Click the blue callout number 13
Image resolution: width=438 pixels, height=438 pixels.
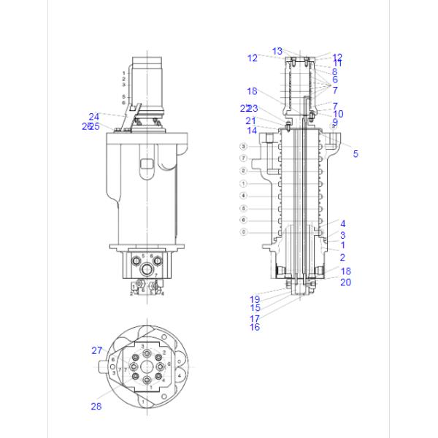277,51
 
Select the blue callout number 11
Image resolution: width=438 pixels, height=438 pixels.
338,64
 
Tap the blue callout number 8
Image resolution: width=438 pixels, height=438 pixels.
334,72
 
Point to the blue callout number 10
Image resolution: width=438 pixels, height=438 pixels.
338,114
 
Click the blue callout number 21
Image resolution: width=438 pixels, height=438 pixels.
251,120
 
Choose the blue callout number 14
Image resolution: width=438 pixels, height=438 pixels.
251,131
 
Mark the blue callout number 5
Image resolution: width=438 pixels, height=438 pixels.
356,154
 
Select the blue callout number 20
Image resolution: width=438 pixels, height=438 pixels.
346,282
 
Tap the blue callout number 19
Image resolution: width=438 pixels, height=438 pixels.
255,299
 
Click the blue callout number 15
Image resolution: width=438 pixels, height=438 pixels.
255,308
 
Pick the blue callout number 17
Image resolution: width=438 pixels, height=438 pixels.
255,318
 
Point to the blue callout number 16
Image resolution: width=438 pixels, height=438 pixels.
255,327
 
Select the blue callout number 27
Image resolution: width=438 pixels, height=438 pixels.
97,350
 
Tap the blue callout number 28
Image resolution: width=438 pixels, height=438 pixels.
96,407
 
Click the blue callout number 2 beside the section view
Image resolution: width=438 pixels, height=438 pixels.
342,258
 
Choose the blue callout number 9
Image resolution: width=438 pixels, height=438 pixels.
335,122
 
